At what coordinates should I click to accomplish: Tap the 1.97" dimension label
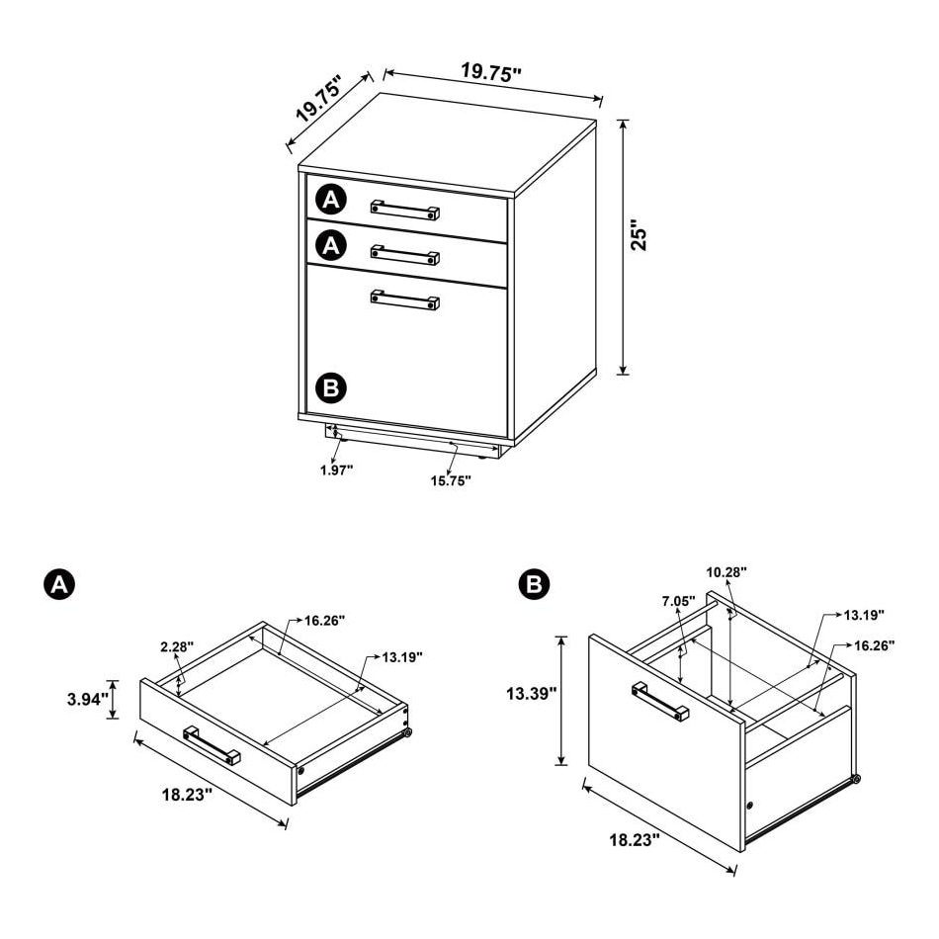[336, 470]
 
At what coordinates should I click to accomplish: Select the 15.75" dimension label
[451, 480]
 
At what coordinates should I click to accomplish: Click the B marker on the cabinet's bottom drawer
[331, 388]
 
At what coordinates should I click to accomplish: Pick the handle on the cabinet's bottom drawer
[405, 299]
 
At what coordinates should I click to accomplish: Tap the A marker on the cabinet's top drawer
[331, 200]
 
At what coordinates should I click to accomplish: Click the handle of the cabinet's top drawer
[405, 211]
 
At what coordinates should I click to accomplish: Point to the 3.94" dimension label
[87, 699]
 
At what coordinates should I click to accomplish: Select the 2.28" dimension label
[177, 646]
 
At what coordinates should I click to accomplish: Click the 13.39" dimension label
[532, 694]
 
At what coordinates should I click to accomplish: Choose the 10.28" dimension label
[726, 572]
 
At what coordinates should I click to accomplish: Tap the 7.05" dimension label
[679, 601]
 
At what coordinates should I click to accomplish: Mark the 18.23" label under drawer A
[187, 795]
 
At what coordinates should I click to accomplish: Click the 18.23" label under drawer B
[635, 840]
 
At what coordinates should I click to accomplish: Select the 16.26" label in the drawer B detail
[875, 645]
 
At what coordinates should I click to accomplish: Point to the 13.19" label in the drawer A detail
[402, 657]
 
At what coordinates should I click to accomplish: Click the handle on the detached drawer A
[212, 745]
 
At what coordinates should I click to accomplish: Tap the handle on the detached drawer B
[660, 701]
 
